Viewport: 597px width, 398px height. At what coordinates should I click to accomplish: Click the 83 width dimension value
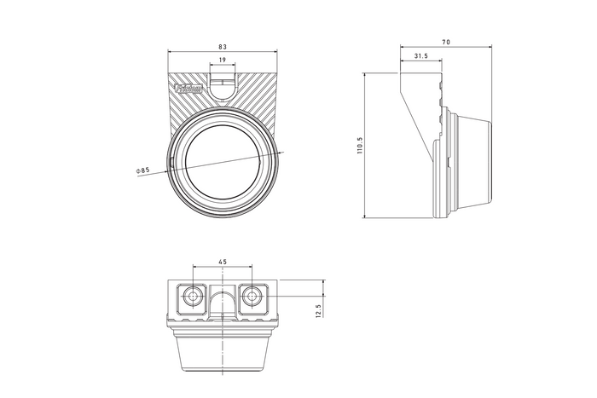tap(222, 47)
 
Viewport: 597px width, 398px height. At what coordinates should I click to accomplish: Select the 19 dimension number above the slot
tap(222, 61)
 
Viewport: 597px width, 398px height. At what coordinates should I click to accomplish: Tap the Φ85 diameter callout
tap(142, 170)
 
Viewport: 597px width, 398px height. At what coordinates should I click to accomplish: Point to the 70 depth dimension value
tap(447, 42)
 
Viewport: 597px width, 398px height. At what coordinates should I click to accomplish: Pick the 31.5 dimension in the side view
tap(420, 56)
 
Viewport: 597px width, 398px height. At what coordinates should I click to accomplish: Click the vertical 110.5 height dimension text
tap(361, 146)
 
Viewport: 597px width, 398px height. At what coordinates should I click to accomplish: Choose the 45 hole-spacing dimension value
tap(223, 262)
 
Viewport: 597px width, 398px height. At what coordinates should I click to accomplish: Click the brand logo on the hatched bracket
tap(189, 88)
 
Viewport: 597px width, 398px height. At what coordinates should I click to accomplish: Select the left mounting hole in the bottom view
tap(194, 297)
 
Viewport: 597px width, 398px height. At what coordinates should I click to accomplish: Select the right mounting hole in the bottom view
tap(252, 297)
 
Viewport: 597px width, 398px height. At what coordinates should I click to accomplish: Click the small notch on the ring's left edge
tap(173, 160)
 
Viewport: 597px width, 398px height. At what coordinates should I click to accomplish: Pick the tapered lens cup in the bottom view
tap(223, 352)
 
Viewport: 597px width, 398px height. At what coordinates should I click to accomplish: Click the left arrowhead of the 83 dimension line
tap(171, 53)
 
